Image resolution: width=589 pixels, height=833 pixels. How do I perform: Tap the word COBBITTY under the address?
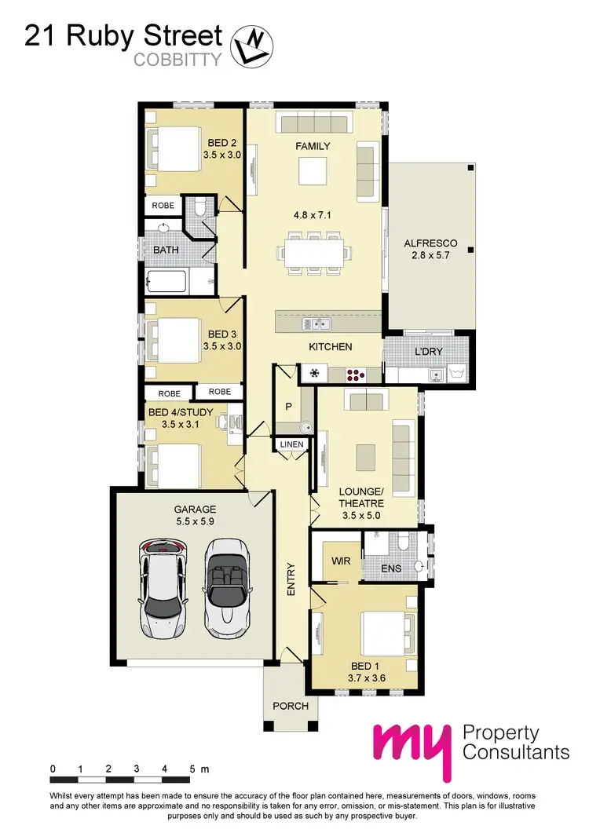click(177, 59)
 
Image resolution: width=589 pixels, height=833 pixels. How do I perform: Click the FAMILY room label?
click(313, 146)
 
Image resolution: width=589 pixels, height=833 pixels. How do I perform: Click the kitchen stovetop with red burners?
click(356, 374)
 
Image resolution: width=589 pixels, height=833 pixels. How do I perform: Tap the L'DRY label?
click(428, 351)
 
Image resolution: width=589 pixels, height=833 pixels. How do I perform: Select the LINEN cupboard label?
click(288, 445)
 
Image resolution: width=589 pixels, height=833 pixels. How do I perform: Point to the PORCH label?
click(290, 705)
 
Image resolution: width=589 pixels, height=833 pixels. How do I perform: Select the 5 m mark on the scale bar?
click(192, 769)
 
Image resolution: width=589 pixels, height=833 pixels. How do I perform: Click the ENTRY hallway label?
click(291, 580)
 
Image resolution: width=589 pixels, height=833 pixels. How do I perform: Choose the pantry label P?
click(287, 407)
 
